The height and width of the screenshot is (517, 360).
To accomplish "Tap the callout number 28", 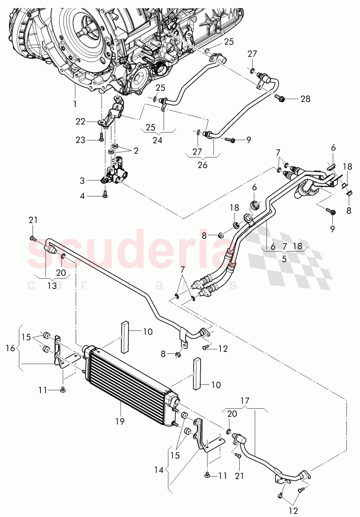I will (x=305, y=99).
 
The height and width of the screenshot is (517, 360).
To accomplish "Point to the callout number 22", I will (x=80, y=121).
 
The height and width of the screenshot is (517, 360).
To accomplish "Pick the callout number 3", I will (x=82, y=180).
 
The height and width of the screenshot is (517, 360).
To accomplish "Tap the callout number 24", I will (x=163, y=140).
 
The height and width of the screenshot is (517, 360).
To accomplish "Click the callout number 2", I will (x=136, y=151).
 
